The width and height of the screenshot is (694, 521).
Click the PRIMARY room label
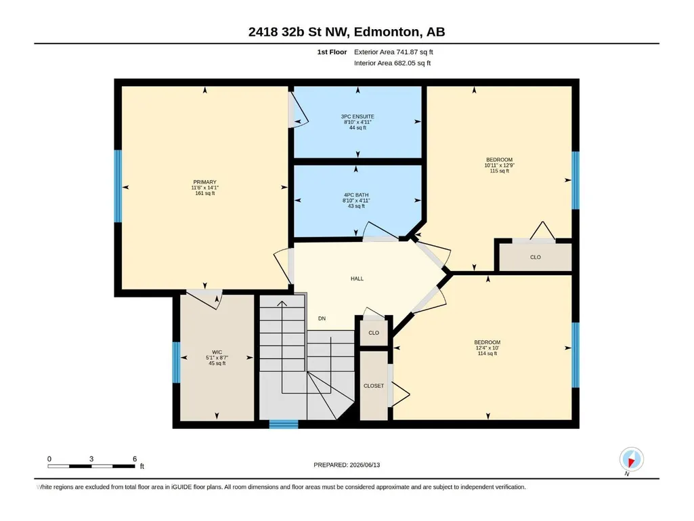point(204,182)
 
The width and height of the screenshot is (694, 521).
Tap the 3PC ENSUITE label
point(357,117)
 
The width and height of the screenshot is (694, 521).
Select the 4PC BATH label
point(356,195)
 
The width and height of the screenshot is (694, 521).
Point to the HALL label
point(357,278)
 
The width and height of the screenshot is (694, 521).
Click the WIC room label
point(217,352)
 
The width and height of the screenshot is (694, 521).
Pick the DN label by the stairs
point(322,318)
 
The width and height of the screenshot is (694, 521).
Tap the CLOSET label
point(374,386)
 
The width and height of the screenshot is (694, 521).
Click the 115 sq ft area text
point(499,171)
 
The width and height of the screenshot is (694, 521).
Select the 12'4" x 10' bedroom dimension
point(487,348)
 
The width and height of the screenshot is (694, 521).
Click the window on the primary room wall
point(118,186)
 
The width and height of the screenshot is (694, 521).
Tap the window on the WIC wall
point(176,362)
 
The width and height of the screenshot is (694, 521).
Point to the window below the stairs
point(284,424)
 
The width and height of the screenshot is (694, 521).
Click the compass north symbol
point(631,460)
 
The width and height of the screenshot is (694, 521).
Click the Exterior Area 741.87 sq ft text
point(393,52)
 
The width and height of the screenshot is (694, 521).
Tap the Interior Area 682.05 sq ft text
point(392,63)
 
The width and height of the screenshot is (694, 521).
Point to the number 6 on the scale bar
point(135,459)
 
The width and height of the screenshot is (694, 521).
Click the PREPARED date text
point(347,465)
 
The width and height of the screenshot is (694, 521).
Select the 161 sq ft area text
point(205,193)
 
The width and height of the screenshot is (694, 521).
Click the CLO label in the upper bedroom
point(536,257)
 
